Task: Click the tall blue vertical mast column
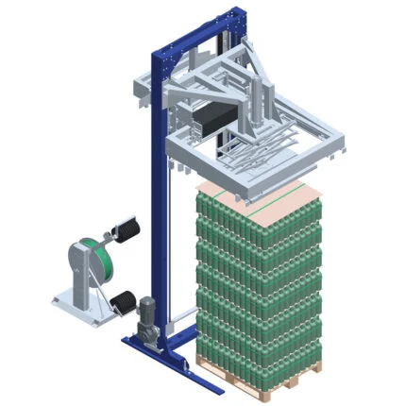coord(152,189)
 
